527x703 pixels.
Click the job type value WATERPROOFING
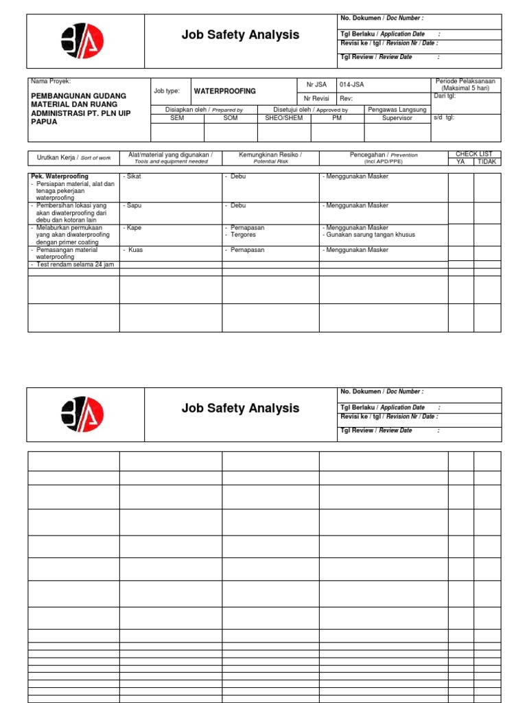(x=225, y=91)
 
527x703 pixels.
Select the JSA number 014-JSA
(x=353, y=84)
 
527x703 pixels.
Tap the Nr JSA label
(x=316, y=84)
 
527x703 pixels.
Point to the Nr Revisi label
(x=317, y=97)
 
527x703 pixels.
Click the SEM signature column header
(x=177, y=118)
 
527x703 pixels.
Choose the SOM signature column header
(x=231, y=118)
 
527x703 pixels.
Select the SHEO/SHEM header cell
(x=283, y=118)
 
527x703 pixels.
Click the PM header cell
(x=337, y=118)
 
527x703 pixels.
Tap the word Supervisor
(x=397, y=118)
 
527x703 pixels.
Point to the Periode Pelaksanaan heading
(x=465, y=82)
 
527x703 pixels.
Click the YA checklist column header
(x=460, y=162)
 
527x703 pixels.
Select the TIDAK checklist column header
(x=487, y=162)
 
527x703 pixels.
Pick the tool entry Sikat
(x=134, y=177)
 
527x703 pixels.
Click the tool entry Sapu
(x=134, y=205)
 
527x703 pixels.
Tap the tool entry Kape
(x=134, y=227)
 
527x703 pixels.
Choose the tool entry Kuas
(x=135, y=250)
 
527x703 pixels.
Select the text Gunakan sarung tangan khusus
(x=369, y=235)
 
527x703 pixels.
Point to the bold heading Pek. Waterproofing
(x=60, y=177)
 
